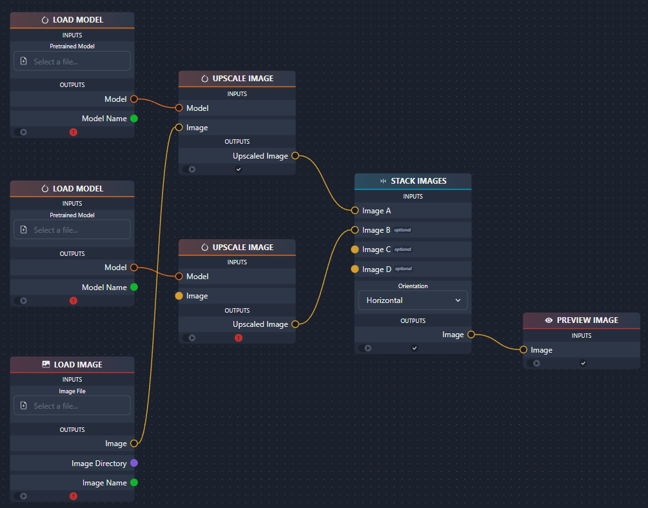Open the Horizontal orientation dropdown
[413, 300]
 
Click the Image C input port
[355, 249]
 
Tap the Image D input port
[355, 269]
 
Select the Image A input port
[355, 210]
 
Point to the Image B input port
[355, 230]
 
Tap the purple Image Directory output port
[134, 463]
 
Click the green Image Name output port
[134, 482]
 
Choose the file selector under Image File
[72, 405]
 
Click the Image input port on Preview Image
[523, 350]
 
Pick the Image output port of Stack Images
[471, 335]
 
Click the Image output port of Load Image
[134, 444]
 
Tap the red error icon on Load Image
[74, 496]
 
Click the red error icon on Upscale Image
[239, 338]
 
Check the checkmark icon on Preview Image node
[583, 363]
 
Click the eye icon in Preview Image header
[549, 320]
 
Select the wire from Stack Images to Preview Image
[496, 341]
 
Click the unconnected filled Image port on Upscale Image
[179, 296]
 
